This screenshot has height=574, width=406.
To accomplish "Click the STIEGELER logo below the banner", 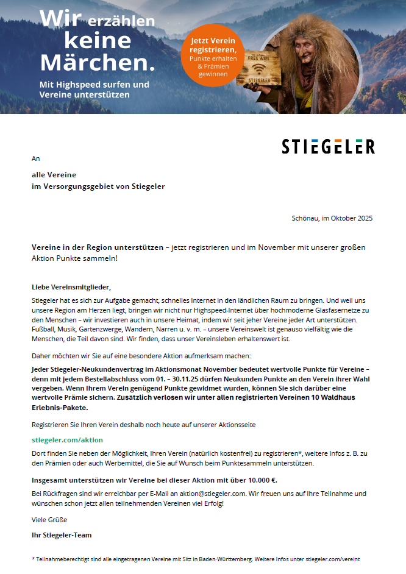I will [x=328, y=146].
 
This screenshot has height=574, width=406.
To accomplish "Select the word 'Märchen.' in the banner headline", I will [x=98, y=62].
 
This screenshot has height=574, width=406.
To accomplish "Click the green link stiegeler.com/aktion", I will [x=67, y=439].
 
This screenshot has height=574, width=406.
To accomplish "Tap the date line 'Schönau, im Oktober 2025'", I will [x=332, y=218].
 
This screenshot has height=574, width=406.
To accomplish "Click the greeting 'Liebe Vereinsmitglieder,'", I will [x=71, y=286].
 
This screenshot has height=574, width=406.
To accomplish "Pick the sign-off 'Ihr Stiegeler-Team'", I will [x=62, y=535].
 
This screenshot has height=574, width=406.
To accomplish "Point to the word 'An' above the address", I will [x=35, y=158].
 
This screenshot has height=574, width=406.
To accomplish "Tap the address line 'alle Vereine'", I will [x=54, y=175].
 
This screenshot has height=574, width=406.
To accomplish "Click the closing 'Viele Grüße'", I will [x=49, y=520].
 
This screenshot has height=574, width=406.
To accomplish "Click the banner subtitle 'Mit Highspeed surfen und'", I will [x=94, y=84].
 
